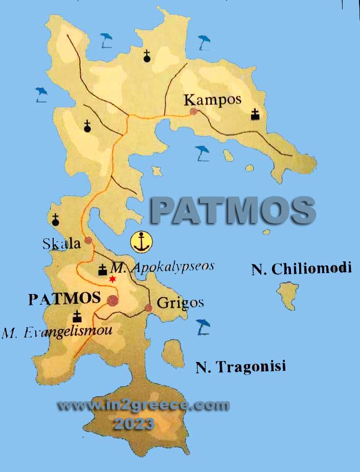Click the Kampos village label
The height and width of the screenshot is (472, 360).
tap(212, 99)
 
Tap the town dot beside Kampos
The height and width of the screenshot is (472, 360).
tap(193, 111)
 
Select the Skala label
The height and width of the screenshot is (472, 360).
tap(62, 243)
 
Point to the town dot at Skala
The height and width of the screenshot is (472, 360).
tap(88, 240)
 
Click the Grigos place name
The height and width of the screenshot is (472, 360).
tap(180, 303)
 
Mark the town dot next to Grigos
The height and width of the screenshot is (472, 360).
tap(149, 308)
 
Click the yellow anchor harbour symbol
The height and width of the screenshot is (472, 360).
tap(142, 241)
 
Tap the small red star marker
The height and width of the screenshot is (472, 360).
tap(112, 279)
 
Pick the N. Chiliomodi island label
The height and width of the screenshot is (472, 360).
tap(301, 269)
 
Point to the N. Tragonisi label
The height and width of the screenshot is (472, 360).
tap(240, 367)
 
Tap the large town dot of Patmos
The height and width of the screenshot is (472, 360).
tap(112, 300)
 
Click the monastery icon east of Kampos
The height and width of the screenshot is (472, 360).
tap(255, 115)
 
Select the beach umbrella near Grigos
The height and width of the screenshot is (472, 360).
tap(204, 326)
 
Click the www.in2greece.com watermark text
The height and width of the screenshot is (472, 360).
tap(143, 406)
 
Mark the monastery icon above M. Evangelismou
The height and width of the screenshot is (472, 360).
tap(77, 316)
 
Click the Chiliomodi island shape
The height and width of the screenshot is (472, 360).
tap(288, 296)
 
